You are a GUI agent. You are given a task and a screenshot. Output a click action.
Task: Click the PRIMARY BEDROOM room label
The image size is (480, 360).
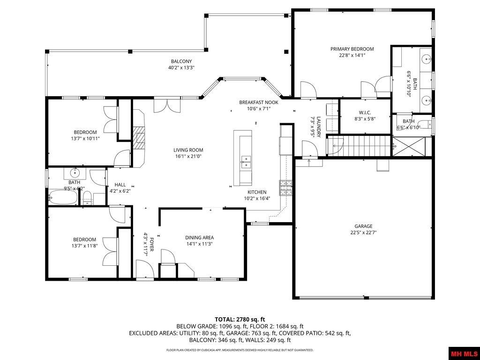(x=352, y=49)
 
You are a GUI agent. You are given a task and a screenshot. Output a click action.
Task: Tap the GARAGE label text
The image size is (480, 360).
(x=363, y=226)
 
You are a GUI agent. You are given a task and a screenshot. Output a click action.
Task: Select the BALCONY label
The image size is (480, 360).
(x=181, y=61)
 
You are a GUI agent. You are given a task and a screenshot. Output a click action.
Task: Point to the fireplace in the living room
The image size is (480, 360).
(x=138, y=137)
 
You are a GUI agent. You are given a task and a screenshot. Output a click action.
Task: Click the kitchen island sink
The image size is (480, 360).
(x=245, y=161)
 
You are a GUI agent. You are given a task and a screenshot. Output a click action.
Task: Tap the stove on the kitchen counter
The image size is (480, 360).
(x=285, y=187)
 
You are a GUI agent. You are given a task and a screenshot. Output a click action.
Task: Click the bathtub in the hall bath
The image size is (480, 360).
(x=63, y=197)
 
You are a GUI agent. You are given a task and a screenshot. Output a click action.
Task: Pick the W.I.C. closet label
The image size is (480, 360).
(x=365, y=112)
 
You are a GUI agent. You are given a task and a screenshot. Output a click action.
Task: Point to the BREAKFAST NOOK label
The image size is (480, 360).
(x=259, y=102)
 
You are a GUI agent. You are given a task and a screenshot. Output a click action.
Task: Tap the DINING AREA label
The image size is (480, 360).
(x=199, y=238)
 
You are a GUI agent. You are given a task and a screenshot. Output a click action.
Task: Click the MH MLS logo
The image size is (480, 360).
(x=464, y=353)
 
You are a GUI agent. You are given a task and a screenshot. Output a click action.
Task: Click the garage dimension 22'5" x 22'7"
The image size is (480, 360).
(x=363, y=232)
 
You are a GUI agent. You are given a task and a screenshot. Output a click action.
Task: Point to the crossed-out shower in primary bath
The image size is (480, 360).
(x=411, y=147)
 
